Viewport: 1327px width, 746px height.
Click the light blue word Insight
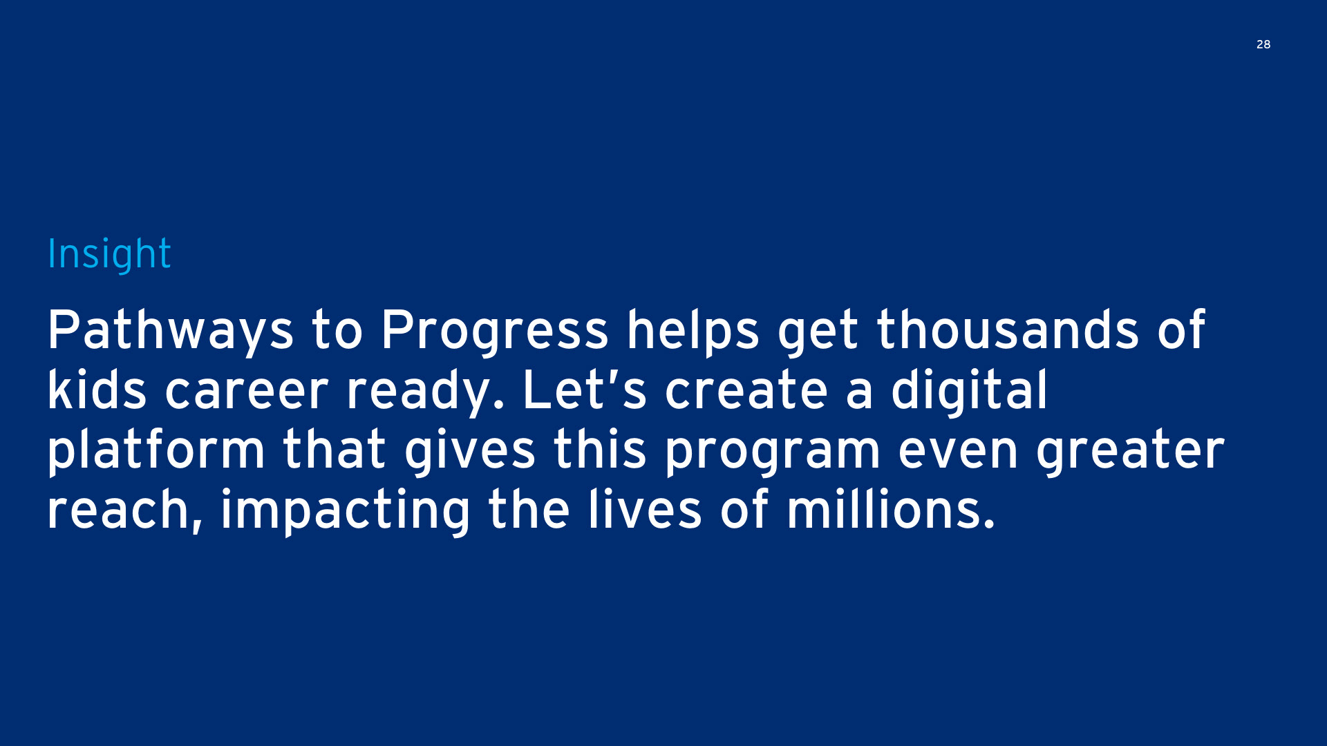[x=109, y=254]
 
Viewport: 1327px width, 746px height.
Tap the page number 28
[x=1263, y=44]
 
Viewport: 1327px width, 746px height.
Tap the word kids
[x=97, y=390]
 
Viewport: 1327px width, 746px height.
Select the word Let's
[x=585, y=390]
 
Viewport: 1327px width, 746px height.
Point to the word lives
[x=646, y=510]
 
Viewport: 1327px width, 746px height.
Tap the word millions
[x=891, y=510]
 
